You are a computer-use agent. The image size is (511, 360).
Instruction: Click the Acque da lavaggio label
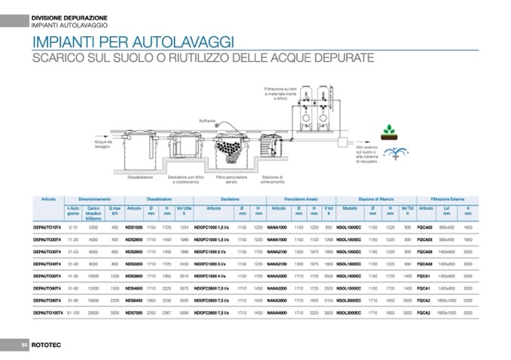click(103, 144)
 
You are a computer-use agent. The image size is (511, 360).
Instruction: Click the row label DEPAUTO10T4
click(47, 227)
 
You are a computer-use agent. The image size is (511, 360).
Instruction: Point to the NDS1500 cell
click(133, 227)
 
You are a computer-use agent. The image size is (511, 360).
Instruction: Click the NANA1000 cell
click(277, 227)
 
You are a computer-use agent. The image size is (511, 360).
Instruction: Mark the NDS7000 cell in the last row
click(133, 312)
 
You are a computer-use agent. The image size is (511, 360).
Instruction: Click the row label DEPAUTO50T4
click(47, 276)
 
